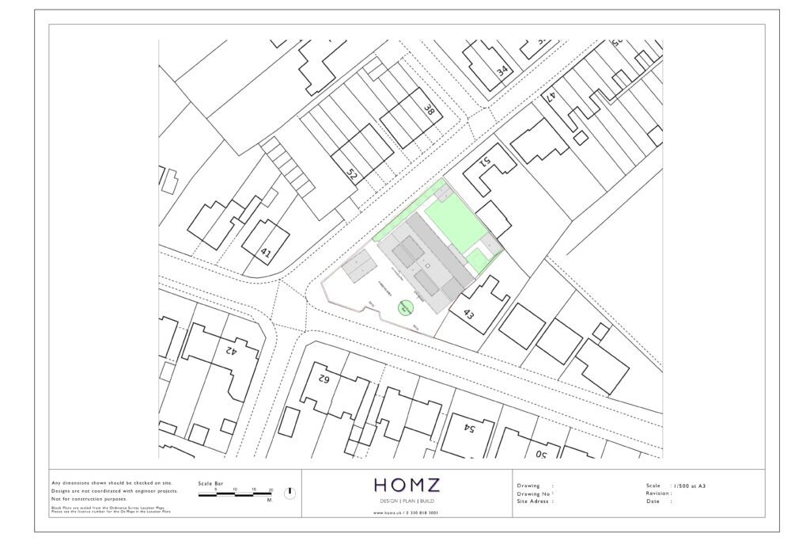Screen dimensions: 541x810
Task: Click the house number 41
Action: (266, 254)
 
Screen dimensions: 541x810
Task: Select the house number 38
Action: (429, 111)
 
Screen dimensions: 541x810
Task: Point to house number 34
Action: (502, 70)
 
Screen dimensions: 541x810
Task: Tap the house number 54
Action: (467, 429)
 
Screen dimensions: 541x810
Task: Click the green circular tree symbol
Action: (404, 307)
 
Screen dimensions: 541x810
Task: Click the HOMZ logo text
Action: (407, 485)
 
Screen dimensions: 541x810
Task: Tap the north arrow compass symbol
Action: (290, 493)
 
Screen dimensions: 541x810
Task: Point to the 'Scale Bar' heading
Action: (210, 482)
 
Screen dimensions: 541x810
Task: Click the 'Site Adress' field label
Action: (535, 501)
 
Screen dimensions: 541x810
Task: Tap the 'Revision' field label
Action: (659, 493)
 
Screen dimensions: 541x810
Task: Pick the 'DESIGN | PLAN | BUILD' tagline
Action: (407, 501)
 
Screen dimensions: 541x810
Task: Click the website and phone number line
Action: (406, 512)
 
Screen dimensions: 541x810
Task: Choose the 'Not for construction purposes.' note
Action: (88, 499)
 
